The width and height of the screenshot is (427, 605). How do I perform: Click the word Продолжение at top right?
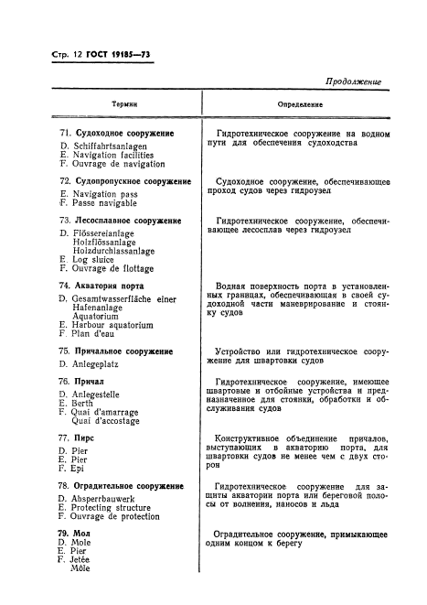point(352,81)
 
